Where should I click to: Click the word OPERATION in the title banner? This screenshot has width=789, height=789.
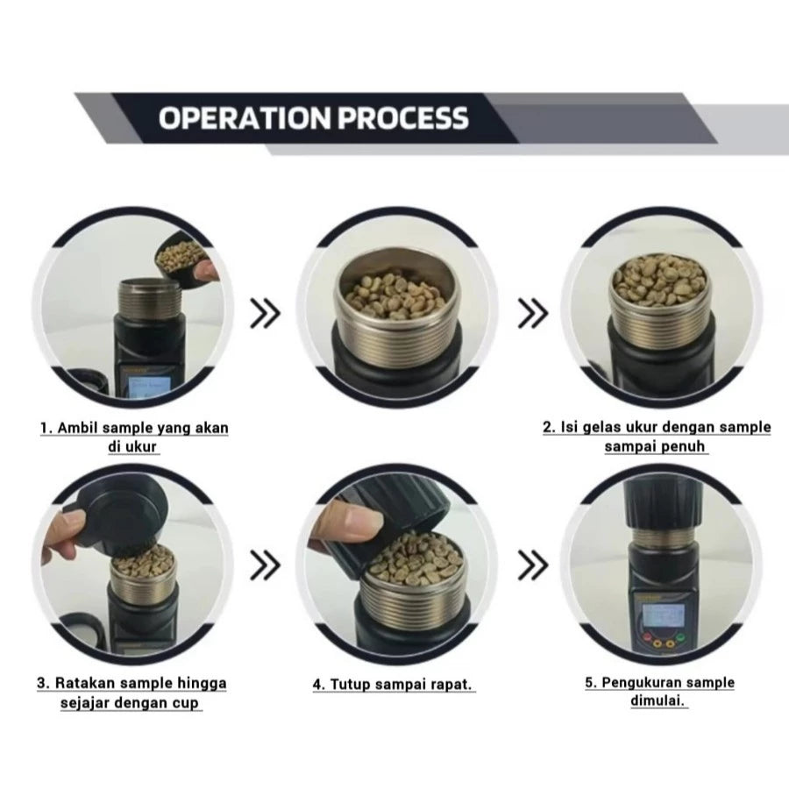(x=245, y=118)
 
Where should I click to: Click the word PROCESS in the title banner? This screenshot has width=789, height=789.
(x=403, y=118)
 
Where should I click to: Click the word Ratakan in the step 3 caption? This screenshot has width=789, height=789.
(x=86, y=683)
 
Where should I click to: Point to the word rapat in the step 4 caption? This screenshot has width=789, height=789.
(x=450, y=685)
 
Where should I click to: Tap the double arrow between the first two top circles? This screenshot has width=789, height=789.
(x=265, y=314)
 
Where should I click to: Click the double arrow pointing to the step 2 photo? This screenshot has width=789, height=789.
(x=533, y=314)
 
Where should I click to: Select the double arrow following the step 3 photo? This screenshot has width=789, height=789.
(x=265, y=565)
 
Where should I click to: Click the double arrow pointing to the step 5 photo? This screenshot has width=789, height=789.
(x=533, y=565)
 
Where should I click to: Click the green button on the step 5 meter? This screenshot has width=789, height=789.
(x=680, y=638)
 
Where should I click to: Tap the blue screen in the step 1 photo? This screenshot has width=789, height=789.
(x=149, y=388)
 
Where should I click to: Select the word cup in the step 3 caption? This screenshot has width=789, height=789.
(x=186, y=702)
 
